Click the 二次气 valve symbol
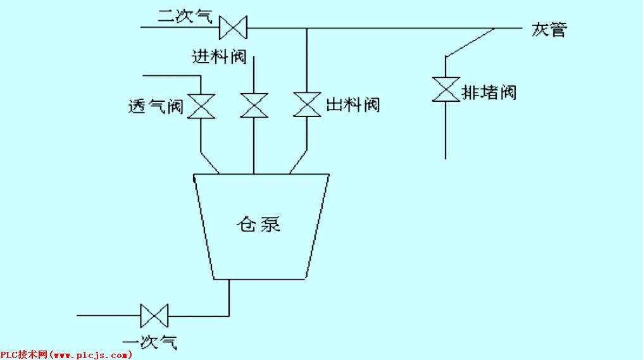233,28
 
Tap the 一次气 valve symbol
154,314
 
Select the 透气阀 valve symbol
202,106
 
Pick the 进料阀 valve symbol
254,105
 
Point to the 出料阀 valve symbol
307,104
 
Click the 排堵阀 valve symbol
446,89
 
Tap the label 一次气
150,342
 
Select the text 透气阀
156,106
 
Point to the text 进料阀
219,57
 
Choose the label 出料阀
353,104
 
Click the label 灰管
549,29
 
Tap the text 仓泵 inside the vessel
258,224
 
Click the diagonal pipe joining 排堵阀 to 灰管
470,42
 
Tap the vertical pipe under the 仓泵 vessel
229,297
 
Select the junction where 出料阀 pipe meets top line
307,28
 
